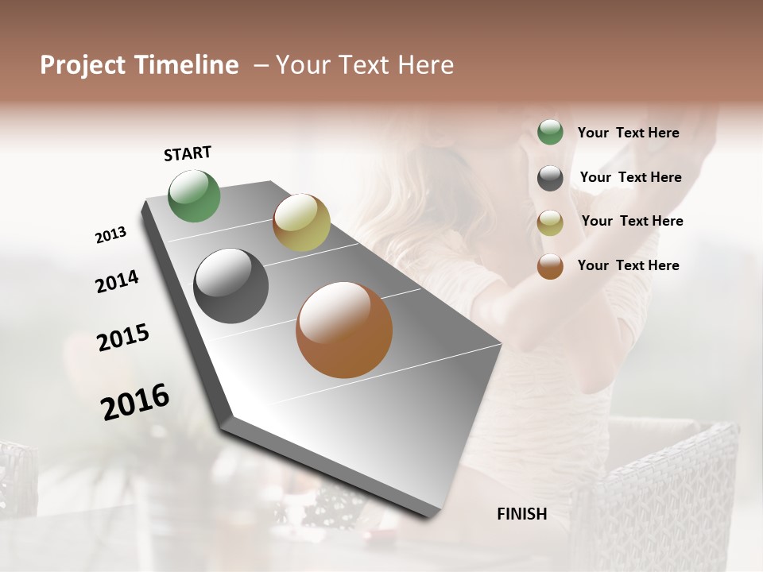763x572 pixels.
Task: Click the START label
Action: click(188, 153)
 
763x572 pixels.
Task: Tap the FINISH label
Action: click(521, 514)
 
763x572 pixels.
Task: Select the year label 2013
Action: click(110, 235)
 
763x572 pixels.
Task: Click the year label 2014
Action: click(117, 281)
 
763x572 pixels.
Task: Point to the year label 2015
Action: click(122, 338)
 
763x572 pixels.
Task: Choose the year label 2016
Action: click(135, 401)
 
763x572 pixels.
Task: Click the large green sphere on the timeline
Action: click(195, 196)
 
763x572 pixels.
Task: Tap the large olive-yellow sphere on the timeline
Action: click(301, 222)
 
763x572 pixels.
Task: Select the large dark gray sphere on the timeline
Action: click(231, 286)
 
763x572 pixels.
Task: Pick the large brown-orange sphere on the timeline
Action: click(344, 330)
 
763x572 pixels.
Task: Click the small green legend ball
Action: click(550, 132)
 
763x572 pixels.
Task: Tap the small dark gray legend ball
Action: click(550, 178)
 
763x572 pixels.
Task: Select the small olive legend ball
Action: click(550, 222)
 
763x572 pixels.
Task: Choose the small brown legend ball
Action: click(550, 266)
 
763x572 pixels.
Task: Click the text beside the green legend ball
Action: click(628, 133)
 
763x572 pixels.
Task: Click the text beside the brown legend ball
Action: click(628, 265)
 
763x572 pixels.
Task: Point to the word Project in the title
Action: click(82, 65)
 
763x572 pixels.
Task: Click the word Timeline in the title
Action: click(187, 65)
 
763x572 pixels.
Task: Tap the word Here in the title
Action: click(425, 65)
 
